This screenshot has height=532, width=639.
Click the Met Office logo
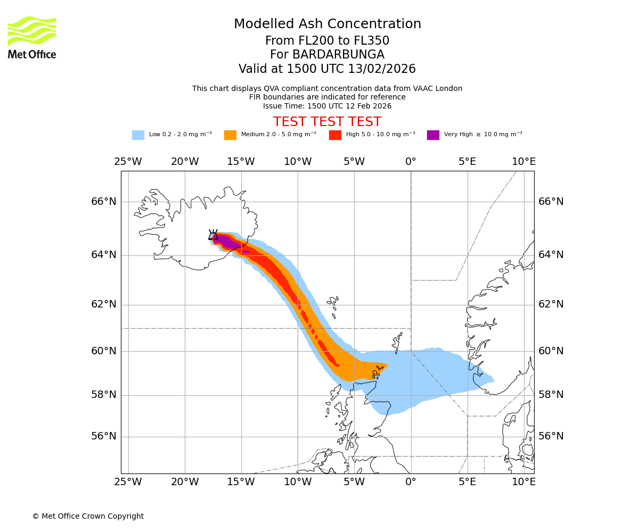(32, 37)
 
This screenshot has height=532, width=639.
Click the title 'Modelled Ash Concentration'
(327, 24)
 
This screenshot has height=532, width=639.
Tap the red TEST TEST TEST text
(327, 122)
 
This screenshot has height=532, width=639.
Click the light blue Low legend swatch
(138, 135)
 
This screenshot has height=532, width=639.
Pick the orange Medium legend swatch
(230, 135)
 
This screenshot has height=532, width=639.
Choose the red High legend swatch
(335, 135)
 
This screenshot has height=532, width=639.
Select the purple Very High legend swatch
(433, 135)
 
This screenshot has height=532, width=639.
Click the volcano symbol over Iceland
(213, 235)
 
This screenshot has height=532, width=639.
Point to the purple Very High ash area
(227, 243)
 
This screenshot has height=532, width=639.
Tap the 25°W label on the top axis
(128, 162)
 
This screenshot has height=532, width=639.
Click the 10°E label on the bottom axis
(523, 482)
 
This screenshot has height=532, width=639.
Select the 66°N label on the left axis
(103, 202)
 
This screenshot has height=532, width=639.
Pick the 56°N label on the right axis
(551, 436)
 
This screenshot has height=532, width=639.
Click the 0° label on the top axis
(411, 162)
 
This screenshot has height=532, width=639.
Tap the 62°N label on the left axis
(103, 304)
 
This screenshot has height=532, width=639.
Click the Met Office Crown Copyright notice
(88, 517)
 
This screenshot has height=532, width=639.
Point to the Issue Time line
(327, 106)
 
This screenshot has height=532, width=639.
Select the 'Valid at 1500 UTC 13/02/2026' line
(327, 69)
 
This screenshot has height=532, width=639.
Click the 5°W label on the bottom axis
(354, 482)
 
